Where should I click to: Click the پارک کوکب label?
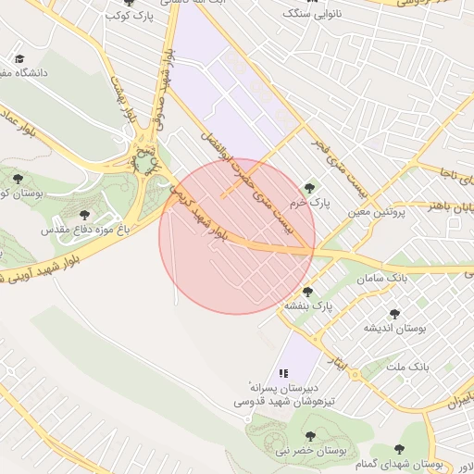[x=129, y=16]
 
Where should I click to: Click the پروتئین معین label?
[x=377, y=213]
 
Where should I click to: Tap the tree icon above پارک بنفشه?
[x=307, y=292]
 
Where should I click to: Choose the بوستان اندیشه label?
[x=393, y=329]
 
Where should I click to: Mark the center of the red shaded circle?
[x=237, y=236]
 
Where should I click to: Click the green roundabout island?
[x=145, y=165]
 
